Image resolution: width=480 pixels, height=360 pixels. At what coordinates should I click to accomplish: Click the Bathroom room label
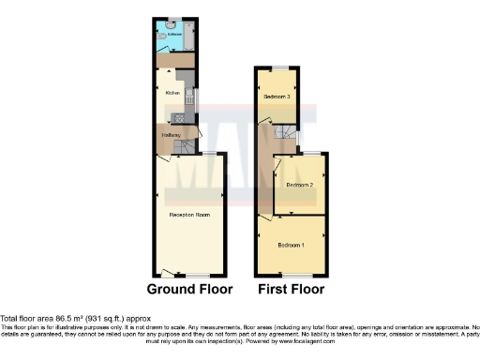(x=174, y=34)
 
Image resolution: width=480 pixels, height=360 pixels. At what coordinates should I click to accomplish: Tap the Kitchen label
(x=172, y=94)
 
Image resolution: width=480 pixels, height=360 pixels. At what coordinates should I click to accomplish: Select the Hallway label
(x=170, y=137)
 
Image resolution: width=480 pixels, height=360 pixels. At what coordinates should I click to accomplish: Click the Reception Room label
(x=187, y=216)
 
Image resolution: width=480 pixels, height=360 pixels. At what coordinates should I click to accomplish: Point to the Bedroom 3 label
(x=276, y=97)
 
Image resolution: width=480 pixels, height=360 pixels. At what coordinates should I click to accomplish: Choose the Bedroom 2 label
(x=299, y=186)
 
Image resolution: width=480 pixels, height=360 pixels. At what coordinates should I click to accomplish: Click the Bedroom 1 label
(x=291, y=246)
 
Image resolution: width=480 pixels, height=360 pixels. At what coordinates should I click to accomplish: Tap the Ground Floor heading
(x=188, y=290)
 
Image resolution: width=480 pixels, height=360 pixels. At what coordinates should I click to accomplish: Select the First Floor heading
(x=291, y=290)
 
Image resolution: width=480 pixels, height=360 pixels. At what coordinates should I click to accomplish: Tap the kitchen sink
(x=189, y=97)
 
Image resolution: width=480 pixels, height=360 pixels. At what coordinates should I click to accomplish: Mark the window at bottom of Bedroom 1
(x=291, y=274)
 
